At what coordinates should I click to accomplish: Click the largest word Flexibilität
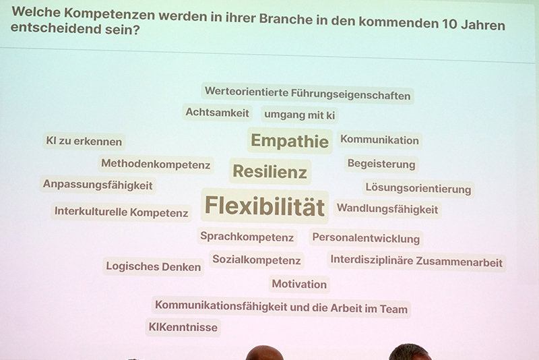(265, 206)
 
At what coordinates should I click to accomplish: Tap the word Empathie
(290, 141)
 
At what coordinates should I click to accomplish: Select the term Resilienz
(270, 171)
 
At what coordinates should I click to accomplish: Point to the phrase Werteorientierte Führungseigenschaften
(308, 93)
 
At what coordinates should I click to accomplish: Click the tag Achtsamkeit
(217, 113)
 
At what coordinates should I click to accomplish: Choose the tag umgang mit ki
(299, 115)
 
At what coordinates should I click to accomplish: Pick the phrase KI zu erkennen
(84, 141)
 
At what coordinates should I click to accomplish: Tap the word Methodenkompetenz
(156, 164)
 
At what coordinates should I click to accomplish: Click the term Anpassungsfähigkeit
(98, 185)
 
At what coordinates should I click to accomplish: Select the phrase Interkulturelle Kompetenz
(121, 212)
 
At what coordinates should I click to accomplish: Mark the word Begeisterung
(381, 164)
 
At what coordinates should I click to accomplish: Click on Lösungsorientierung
(418, 188)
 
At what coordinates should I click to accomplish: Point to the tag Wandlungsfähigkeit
(387, 209)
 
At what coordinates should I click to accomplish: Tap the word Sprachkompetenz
(247, 237)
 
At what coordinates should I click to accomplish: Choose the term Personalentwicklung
(366, 238)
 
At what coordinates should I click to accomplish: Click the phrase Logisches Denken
(154, 266)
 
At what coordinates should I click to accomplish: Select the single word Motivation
(299, 284)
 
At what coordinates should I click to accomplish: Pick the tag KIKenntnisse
(183, 327)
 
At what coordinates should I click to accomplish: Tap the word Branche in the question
(286, 19)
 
